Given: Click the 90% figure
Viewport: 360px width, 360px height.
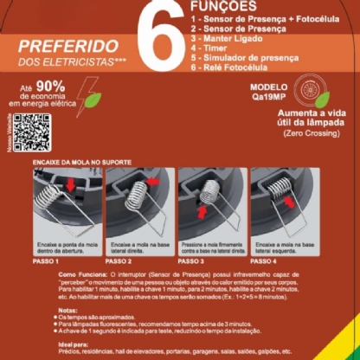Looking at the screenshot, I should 50,87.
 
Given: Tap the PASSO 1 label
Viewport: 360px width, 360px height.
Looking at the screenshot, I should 45,260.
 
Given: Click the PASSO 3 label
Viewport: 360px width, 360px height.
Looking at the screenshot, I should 190,260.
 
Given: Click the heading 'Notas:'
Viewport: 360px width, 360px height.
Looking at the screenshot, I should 66,308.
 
